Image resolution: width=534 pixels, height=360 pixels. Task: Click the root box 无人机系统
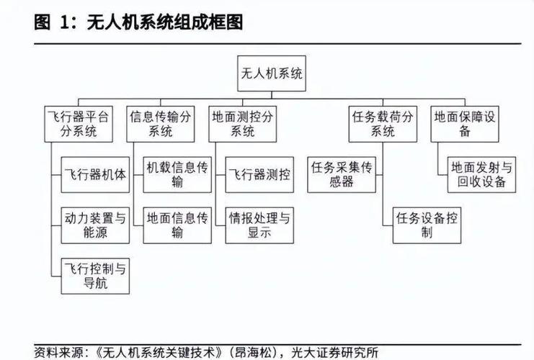point(272,73)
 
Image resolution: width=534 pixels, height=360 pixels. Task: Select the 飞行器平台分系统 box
point(79,124)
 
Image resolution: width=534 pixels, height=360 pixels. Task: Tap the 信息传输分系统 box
point(161,124)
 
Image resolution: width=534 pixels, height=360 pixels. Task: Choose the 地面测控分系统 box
point(242,124)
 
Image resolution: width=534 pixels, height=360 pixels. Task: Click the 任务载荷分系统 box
point(383,124)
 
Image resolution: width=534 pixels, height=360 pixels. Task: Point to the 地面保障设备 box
point(465,124)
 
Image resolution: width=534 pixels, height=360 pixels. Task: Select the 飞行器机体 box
point(95,174)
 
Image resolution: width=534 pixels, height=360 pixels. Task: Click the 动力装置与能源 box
point(95,225)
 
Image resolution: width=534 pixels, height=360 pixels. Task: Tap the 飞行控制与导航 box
point(95,276)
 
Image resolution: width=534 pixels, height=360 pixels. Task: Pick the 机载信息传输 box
point(177,174)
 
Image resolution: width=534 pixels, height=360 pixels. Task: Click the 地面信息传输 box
point(177,225)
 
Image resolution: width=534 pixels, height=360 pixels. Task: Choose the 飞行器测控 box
point(259,174)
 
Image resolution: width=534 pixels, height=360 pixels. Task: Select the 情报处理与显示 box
point(259,225)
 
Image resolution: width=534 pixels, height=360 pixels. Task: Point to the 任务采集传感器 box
point(342,174)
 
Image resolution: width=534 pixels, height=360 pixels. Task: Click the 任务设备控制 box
point(427,225)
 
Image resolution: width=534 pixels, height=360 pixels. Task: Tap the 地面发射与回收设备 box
point(481,174)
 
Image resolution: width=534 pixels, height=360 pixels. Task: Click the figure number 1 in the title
point(64,22)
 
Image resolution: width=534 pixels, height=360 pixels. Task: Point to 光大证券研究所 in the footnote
point(335,353)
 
